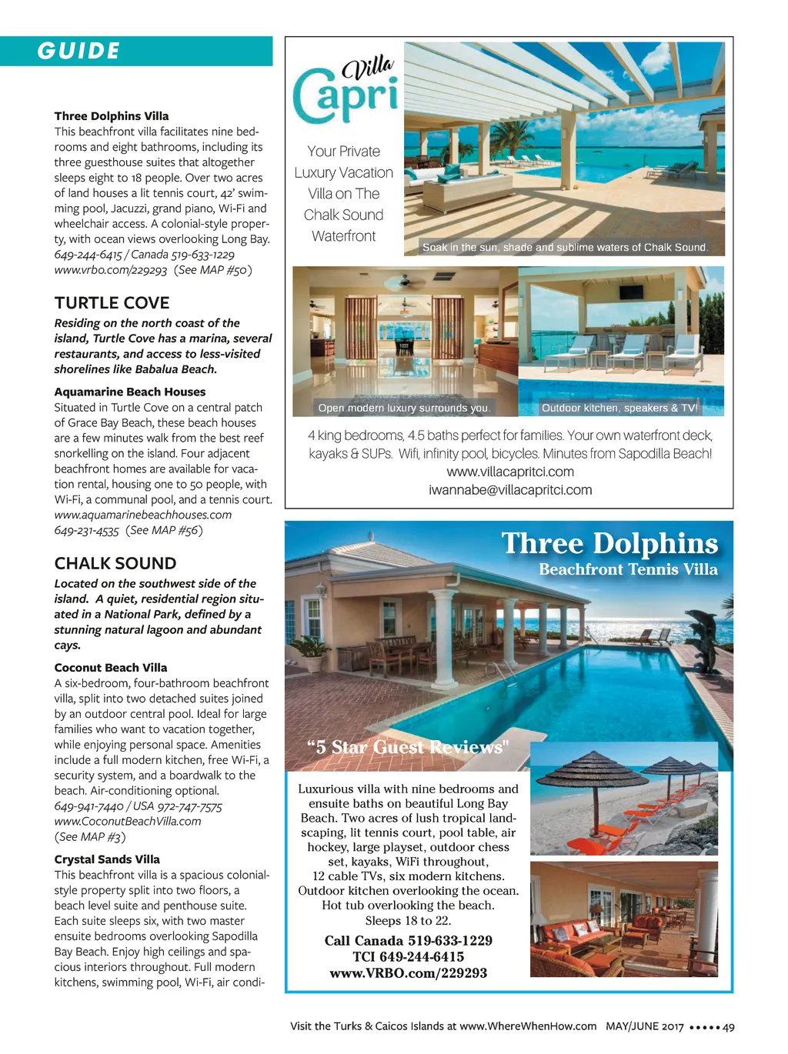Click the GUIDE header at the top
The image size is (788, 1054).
pos(78,51)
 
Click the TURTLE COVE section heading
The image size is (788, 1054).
pos(112,302)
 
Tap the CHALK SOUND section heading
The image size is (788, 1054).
pos(115,563)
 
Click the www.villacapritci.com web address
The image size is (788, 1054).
pos(509,472)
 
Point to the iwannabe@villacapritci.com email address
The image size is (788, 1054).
pos(509,490)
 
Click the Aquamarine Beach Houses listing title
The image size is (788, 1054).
pos(129,392)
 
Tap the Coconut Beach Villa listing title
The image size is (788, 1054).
pos(110,668)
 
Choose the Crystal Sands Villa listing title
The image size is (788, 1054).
pos(107,859)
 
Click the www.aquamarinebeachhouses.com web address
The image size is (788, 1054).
pos(142,515)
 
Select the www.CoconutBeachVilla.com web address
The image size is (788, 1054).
pos(127,821)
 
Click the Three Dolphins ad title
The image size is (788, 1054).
pos(609,543)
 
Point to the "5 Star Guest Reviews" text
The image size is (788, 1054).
pos(408,747)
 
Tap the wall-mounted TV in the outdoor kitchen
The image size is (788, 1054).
pos(631,292)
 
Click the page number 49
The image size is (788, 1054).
pos(729,1026)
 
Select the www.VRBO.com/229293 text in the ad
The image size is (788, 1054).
pos(408,973)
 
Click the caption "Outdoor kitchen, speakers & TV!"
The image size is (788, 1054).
pos(619,409)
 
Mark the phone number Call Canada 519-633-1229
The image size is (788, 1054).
pos(408,941)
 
